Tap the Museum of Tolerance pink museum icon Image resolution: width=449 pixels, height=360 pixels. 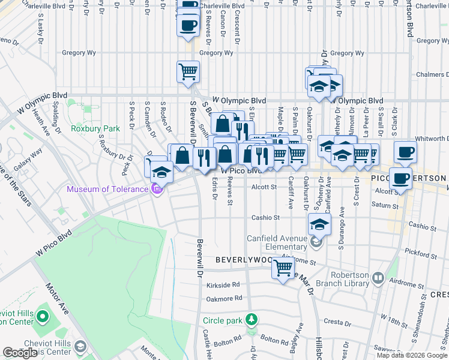pos(157,189)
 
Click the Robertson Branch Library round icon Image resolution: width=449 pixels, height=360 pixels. pos(378,278)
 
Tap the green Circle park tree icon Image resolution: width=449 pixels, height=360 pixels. pos(253,319)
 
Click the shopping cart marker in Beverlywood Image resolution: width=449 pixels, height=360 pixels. pos(283,267)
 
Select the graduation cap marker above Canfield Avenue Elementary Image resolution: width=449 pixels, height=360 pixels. pos(319,224)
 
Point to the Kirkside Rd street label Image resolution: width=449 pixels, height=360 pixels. pos(223,285)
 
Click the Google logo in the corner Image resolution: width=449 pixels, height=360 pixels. pos(20,353)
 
